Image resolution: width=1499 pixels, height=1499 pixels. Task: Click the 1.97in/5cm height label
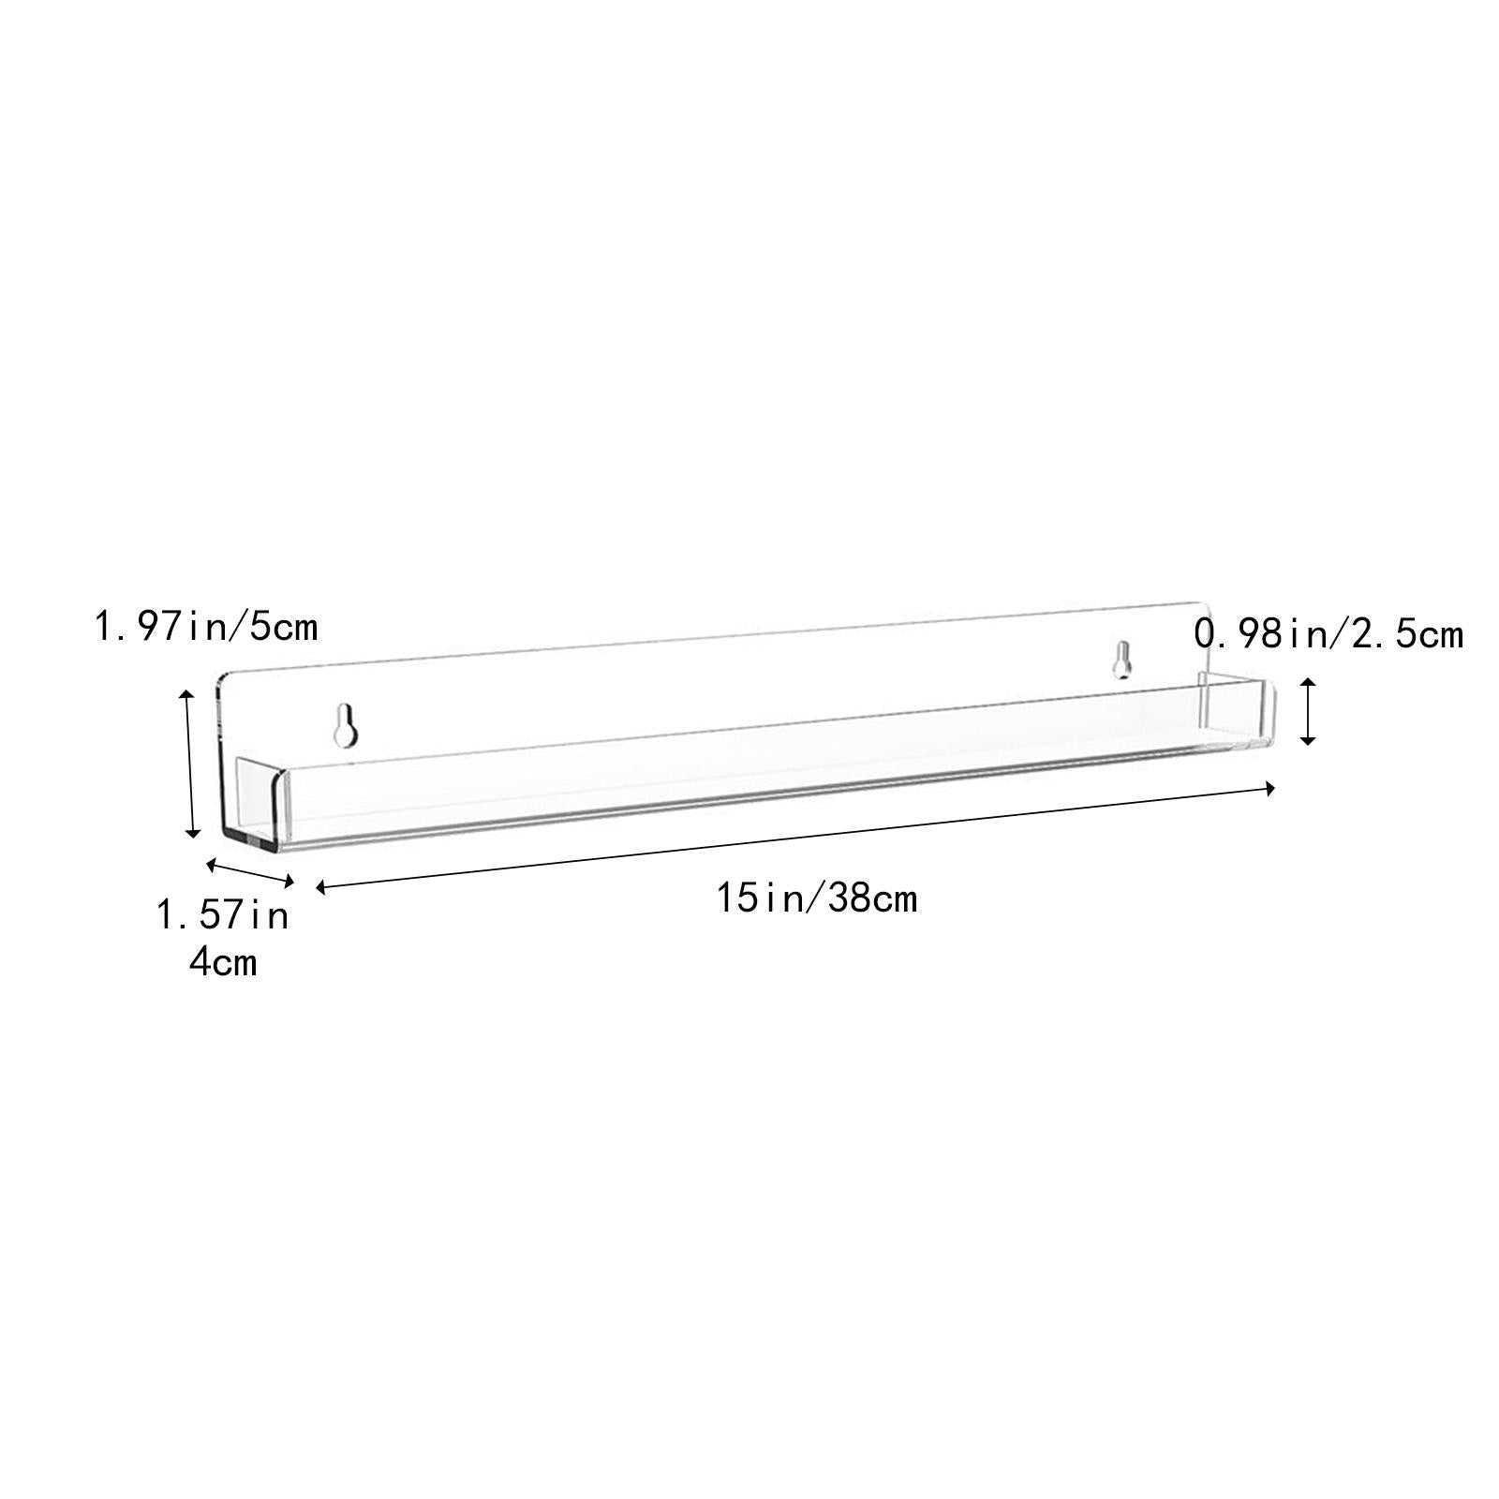tap(205, 626)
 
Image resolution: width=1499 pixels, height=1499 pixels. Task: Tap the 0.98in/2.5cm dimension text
tap(1328, 634)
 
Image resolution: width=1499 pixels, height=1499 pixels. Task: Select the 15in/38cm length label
tap(817, 898)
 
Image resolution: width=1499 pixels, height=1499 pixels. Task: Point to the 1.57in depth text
tap(222, 914)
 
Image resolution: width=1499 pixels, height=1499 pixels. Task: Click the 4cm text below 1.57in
tap(223, 961)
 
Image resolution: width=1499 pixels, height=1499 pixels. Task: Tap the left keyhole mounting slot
tap(346, 724)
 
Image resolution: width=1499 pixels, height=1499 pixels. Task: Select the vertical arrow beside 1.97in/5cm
tap(190, 762)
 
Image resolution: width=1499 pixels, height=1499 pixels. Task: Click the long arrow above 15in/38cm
tap(795, 838)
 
